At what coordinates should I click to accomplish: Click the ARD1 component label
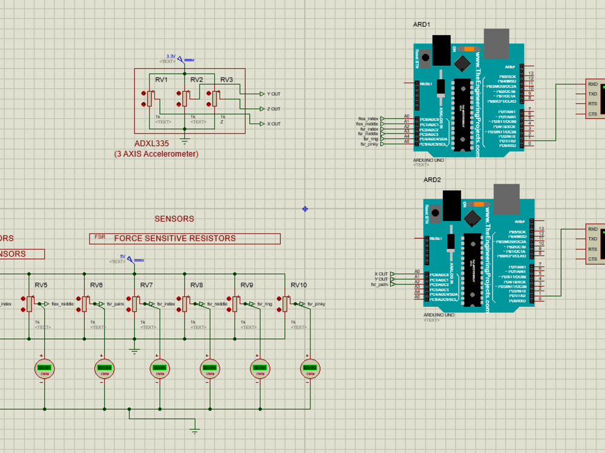coord(421,25)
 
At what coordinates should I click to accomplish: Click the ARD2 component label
coord(431,180)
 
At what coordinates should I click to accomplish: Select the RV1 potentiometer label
coord(161,80)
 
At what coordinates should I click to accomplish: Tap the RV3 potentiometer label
coord(226,80)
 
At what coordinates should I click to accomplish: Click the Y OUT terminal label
coord(273,94)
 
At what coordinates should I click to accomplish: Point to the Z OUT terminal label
coord(273,109)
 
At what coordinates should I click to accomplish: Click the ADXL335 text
coord(151,144)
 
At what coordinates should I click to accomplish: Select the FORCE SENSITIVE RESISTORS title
coord(175,239)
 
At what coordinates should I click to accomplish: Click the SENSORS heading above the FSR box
coord(174,219)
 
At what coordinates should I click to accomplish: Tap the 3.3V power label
coord(171,56)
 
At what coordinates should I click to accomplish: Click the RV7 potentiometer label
coord(146,285)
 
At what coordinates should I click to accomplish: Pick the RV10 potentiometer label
coord(298,285)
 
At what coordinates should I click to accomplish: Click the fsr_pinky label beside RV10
coord(316,304)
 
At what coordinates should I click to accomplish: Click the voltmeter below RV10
coord(310,368)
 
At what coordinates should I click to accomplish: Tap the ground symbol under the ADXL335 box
coord(185,141)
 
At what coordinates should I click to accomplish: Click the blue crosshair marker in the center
coord(305,209)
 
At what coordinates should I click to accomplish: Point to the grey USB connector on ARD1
coord(497,43)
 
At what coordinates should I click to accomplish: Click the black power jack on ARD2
coord(451,205)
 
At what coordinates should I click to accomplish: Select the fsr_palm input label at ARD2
coord(379,284)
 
